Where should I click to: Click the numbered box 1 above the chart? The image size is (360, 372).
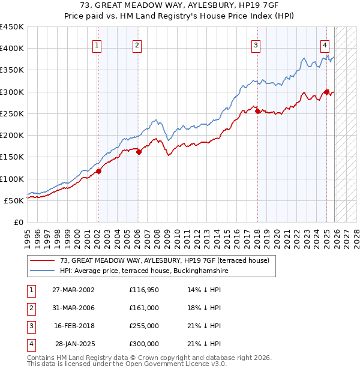pos(97,44)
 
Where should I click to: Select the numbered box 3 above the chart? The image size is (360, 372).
pos(256,44)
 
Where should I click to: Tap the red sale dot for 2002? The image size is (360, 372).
pos(98,172)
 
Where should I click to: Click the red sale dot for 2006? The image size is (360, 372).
pos(139,152)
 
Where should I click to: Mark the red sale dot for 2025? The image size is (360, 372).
pos(327,92)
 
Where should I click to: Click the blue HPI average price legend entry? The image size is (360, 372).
pos(144,271)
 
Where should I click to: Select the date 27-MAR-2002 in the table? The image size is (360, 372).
pos(73,290)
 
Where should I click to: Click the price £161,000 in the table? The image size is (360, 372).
pos(144,308)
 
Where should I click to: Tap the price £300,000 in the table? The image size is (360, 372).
pos(144,344)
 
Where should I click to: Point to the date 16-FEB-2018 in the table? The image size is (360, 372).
pos(73,326)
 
